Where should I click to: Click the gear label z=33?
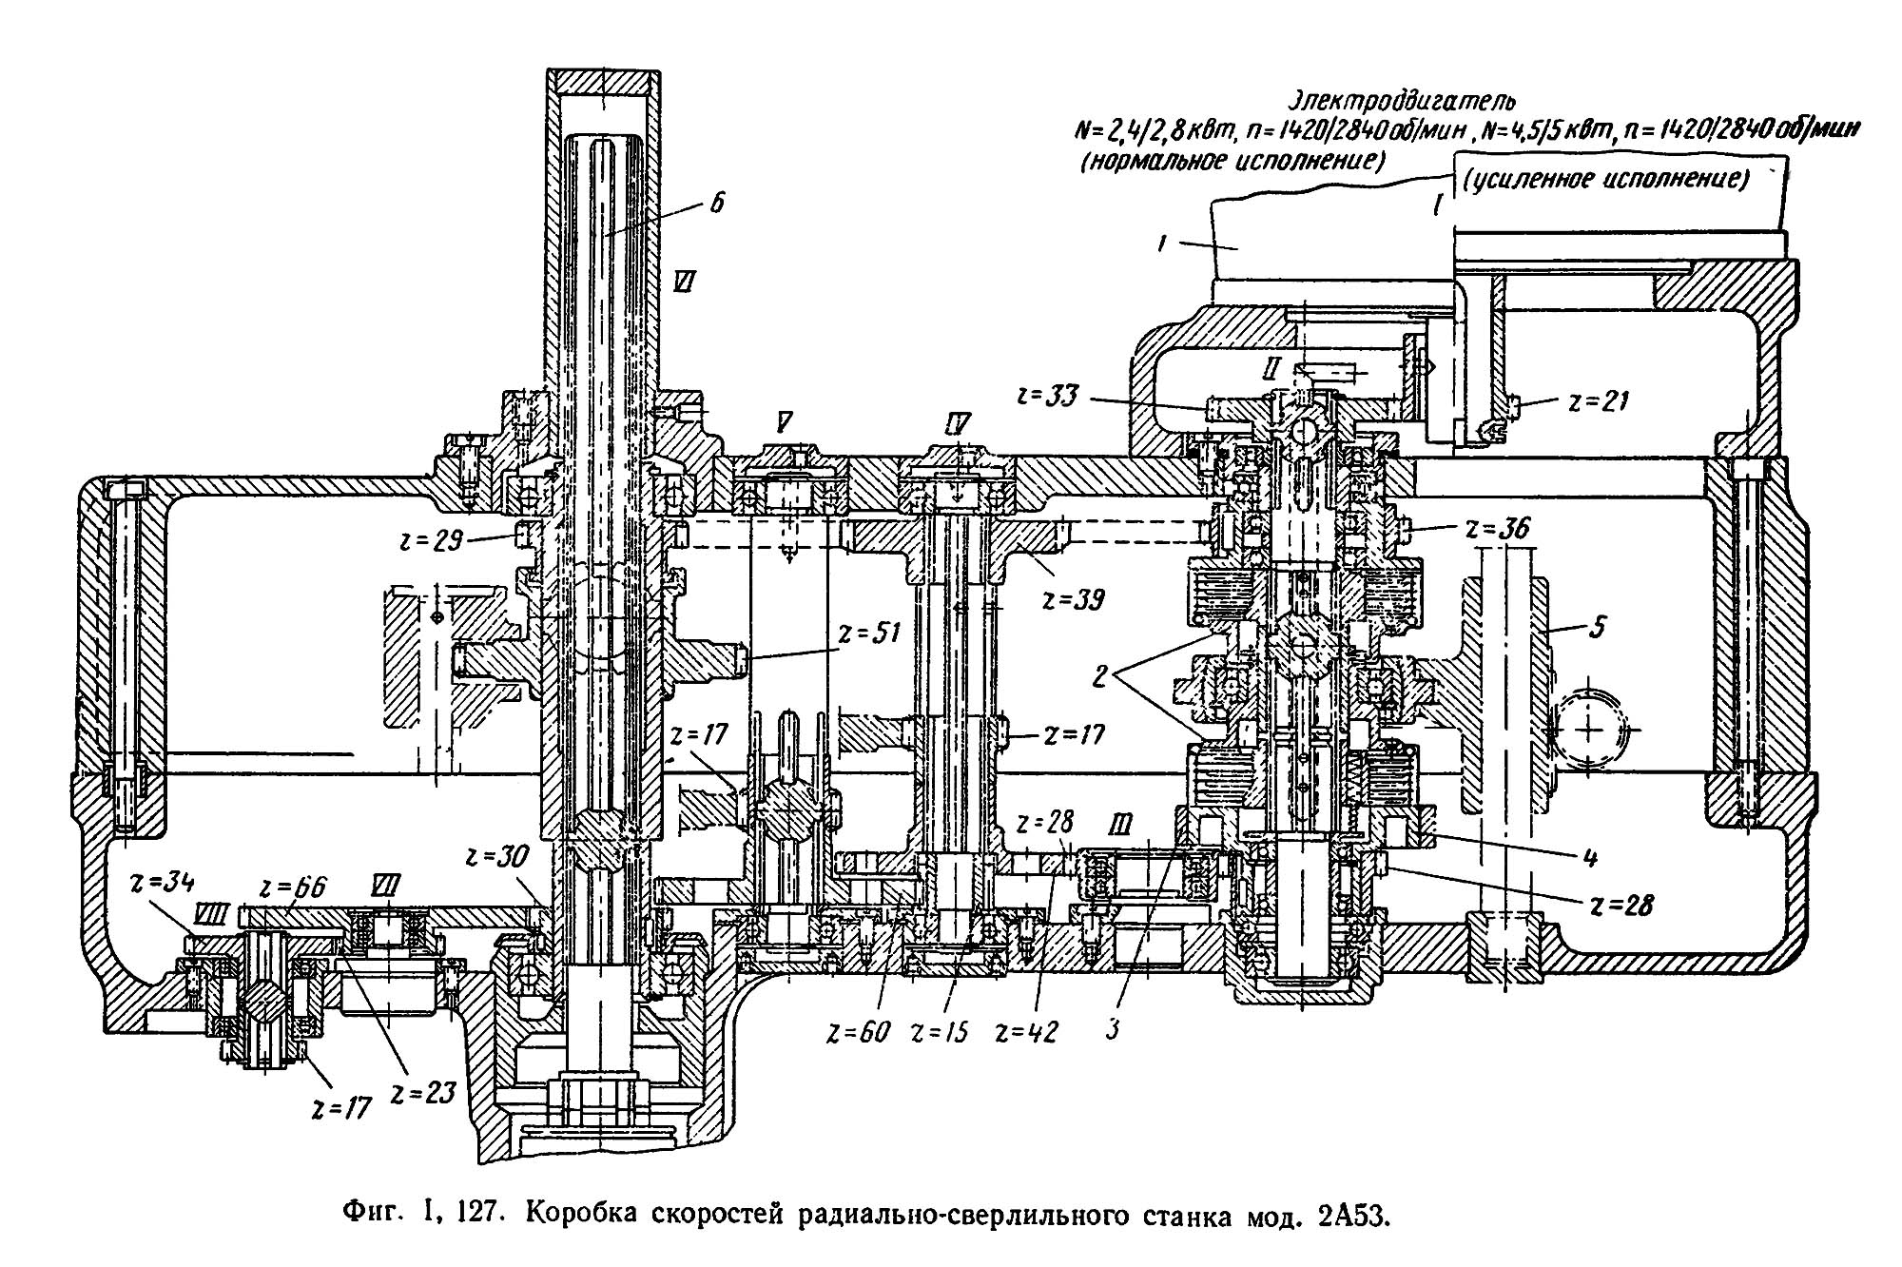pos(1048,395)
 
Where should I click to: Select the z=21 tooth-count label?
pos(1599,402)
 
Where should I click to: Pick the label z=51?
pos(869,633)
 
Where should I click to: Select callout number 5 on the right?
pos(1598,628)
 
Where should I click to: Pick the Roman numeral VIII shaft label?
pos(206,915)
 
